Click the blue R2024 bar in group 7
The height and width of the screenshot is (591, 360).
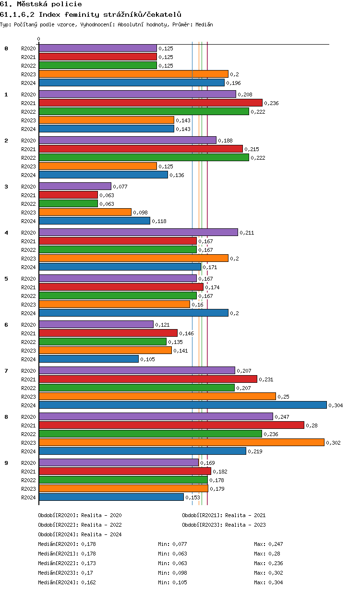tap(182, 405)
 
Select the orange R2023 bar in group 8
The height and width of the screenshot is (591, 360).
tap(181, 442)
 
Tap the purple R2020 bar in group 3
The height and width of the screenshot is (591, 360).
tap(75, 186)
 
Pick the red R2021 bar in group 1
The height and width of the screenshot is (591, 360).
tap(150, 103)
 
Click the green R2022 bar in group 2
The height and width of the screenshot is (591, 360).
tap(144, 157)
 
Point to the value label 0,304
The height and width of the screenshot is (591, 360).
tap(336, 405)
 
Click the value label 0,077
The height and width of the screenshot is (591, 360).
tap(120, 187)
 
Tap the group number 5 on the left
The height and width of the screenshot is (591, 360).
tap(6, 279)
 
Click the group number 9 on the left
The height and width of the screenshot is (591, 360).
tap(6, 463)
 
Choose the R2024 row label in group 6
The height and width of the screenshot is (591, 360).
tap(28, 359)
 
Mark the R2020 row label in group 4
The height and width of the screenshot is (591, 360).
tap(28, 233)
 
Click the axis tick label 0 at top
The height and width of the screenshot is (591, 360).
tap(39, 39)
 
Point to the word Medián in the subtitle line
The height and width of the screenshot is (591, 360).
tap(204, 24)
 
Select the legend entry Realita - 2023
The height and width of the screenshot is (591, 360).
tap(245, 525)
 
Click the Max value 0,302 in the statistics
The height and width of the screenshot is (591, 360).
tap(276, 573)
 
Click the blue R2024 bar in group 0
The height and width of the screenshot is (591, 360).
tap(132, 83)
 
